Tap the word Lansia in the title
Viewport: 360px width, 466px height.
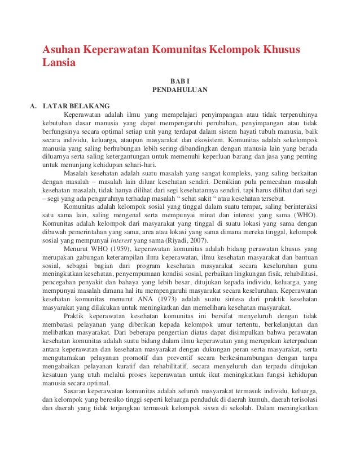tap(59, 63)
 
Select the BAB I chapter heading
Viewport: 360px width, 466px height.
tap(180, 81)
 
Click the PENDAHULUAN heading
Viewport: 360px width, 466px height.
tap(180, 90)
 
